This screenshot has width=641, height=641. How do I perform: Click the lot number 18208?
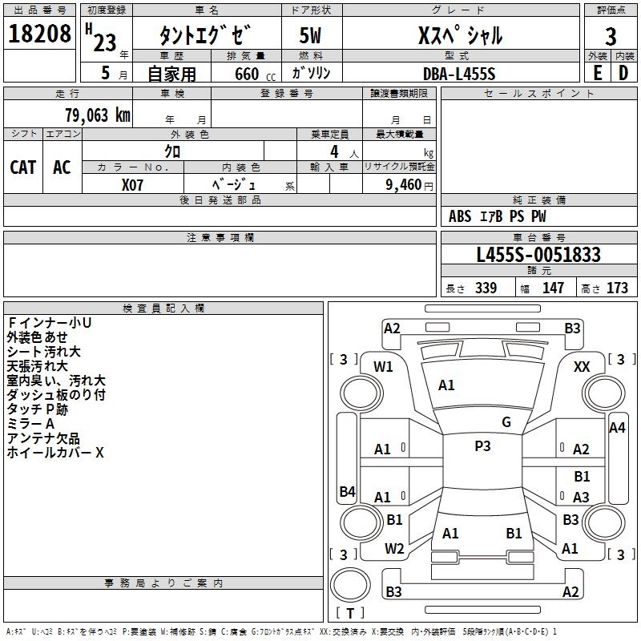coord(39,34)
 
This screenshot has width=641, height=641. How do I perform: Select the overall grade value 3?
coord(611,36)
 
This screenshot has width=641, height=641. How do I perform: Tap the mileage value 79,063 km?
coord(98,115)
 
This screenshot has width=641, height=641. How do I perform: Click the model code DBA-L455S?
coord(459,74)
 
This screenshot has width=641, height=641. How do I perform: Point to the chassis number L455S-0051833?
coord(538,255)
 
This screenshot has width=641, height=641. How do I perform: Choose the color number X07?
coord(132,185)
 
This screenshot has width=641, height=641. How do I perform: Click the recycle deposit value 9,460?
coord(404,184)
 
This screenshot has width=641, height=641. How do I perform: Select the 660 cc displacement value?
coord(255,74)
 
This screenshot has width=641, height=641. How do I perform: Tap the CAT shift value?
coord(23,167)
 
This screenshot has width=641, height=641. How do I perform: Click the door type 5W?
coord(310,35)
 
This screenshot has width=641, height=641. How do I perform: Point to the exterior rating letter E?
coord(597,73)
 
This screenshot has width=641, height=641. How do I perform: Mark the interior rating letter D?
coord(623,73)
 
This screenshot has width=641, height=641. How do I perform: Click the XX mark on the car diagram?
coord(582,367)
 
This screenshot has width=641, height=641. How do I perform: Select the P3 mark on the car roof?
coord(482,446)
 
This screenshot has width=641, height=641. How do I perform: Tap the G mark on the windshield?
coord(506,422)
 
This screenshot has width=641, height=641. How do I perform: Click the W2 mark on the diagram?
coord(394,549)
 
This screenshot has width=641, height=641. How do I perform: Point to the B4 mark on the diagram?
coord(348,491)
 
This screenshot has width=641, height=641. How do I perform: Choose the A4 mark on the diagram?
coord(617,428)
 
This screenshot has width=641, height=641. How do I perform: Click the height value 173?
coord(617,288)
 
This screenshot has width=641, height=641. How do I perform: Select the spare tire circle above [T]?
coord(350,585)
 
